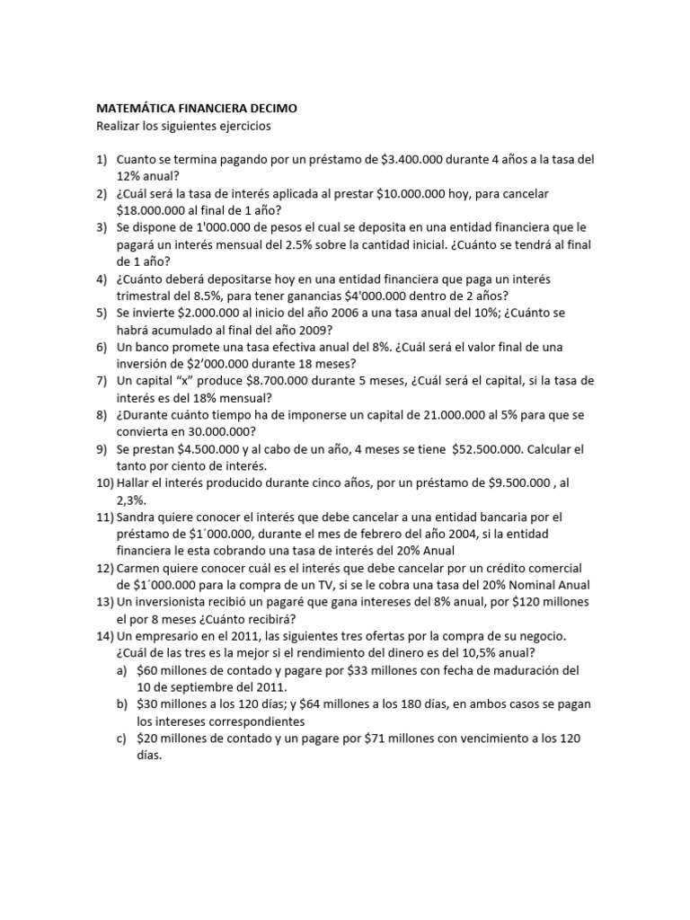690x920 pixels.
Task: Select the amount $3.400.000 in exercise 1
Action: click(416, 159)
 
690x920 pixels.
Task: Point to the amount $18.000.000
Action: click(155, 210)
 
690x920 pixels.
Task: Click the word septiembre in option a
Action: click(196, 687)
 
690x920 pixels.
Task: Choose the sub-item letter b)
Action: click(121, 704)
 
